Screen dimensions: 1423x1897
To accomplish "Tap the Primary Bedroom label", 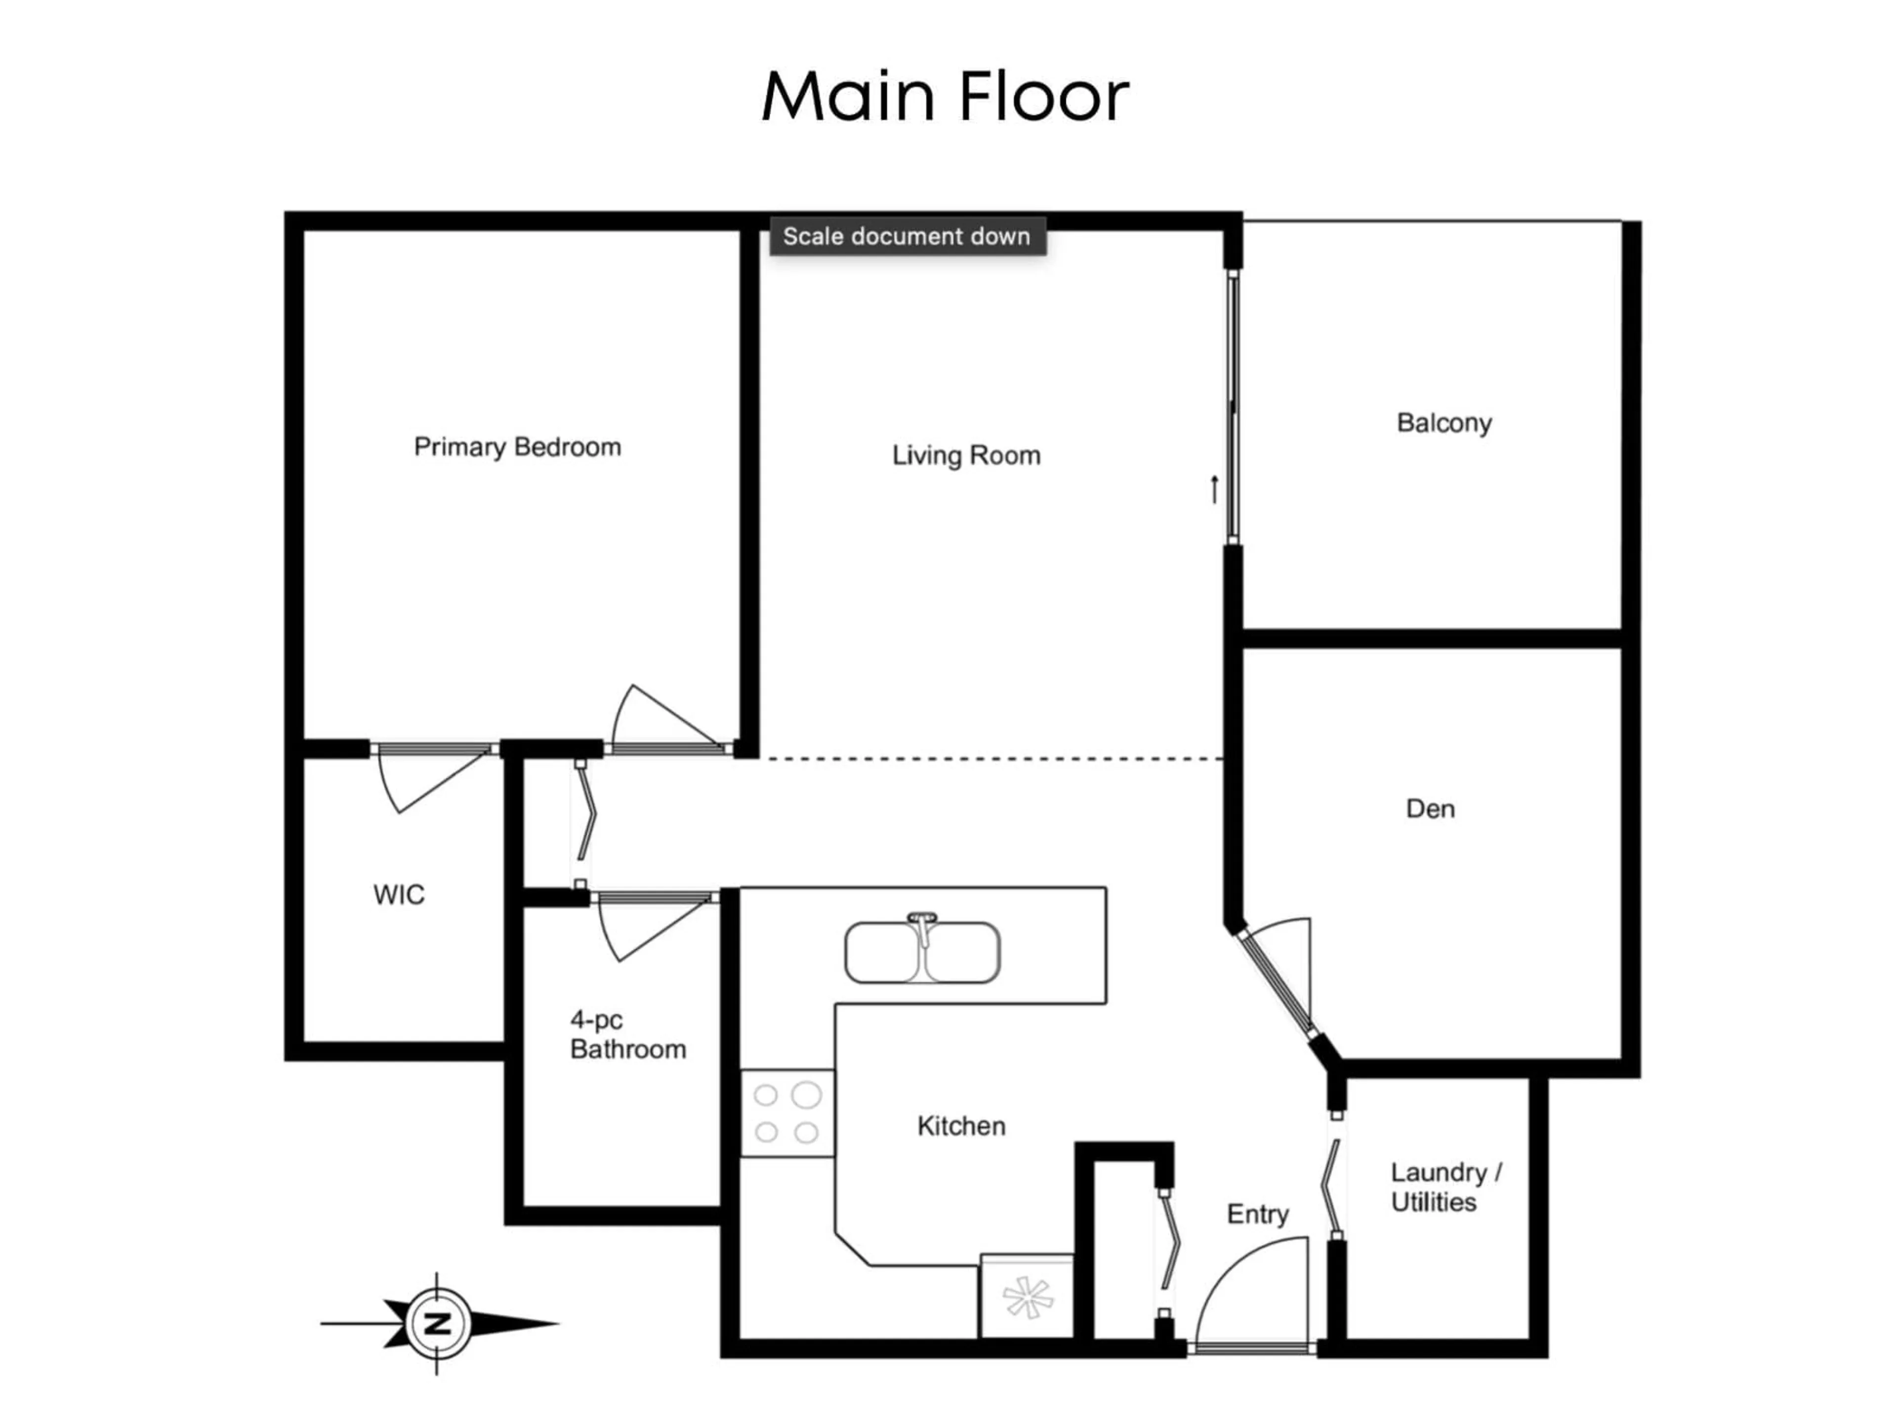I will (517, 447).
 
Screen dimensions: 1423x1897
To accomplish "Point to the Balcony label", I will (1444, 423).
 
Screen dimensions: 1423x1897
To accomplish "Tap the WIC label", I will (399, 895).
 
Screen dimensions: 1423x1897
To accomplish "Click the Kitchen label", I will (960, 1126).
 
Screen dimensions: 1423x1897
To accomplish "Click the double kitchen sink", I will (922, 950).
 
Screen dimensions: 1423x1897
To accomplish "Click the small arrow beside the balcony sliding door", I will (1214, 489).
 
